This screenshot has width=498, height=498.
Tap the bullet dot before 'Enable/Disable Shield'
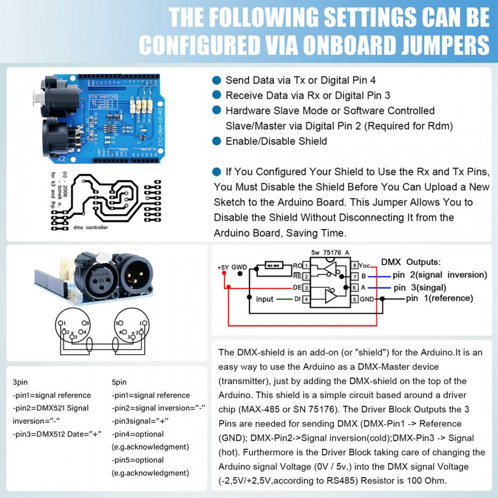pyautogui.click(x=217, y=141)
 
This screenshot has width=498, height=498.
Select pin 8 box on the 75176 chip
pyautogui.click(x=355, y=265)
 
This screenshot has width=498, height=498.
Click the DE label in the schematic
pyautogui.click(x=297, y=287)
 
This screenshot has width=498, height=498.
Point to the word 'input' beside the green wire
pyautogui.click(x=264, y=299)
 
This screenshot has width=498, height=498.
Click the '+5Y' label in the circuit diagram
pyautogui.click(x=223, y=268)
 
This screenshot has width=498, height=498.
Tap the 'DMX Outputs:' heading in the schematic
pyautogui.click(x=410, y=262)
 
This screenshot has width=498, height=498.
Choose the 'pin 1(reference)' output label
pyautogui.click(x=439, y=298)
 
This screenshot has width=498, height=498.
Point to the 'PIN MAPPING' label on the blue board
pyautogui.click(x=103, y=97)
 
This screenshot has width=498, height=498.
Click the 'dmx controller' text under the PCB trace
pyautogui.click(x=91, y=227)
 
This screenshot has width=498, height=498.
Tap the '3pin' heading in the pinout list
pyautogui.click(x=20, y=382)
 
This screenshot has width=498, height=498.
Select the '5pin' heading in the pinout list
pyautogui.click(x=119, y=382)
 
